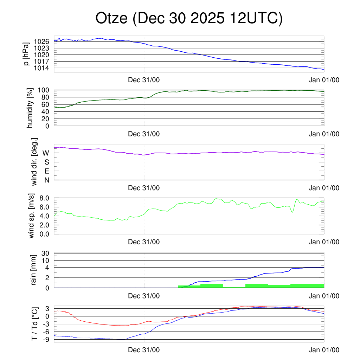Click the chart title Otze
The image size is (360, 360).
tap(189, 18)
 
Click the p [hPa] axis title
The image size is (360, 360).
tap(26, 54)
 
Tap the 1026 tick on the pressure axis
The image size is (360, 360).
tap(41, 41)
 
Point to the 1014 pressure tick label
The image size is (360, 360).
tap(41, 68)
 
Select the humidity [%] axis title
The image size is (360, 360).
tap(30, 108)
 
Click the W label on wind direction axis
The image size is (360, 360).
tap(46, 153)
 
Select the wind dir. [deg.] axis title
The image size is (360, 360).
tap(34, 162)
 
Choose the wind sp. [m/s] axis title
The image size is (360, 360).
tap(31, 216)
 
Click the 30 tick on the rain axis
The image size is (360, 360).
tap(46, 253)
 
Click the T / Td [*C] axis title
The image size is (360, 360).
tap(34, 324)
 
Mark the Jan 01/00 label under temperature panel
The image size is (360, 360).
tap(324, 350)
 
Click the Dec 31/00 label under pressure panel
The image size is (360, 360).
tap(144, 80)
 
